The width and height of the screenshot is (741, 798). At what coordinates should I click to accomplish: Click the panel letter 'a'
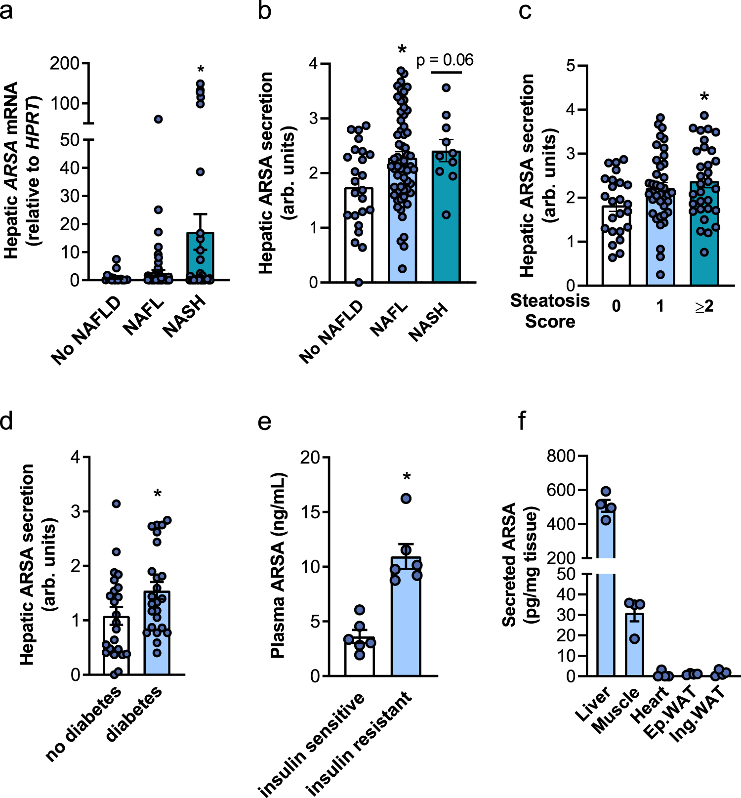6,11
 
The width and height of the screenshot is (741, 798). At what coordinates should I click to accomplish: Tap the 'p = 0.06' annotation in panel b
445,60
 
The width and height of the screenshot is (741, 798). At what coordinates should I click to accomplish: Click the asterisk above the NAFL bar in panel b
402,50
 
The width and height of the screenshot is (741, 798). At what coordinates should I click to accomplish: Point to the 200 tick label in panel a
64,63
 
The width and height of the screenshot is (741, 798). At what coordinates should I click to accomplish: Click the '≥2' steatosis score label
704,306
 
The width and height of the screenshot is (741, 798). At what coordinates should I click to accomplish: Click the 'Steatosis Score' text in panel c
550,311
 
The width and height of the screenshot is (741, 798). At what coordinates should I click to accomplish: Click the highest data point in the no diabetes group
116,504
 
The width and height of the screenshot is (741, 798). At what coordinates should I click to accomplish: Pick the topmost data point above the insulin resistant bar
406,499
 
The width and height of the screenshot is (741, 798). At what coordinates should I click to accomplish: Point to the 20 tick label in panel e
310,458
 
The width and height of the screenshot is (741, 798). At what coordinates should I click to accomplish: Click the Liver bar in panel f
606,593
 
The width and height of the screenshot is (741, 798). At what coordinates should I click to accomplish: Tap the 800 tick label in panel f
561,456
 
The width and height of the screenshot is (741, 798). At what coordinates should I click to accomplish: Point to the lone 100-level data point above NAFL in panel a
158,119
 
